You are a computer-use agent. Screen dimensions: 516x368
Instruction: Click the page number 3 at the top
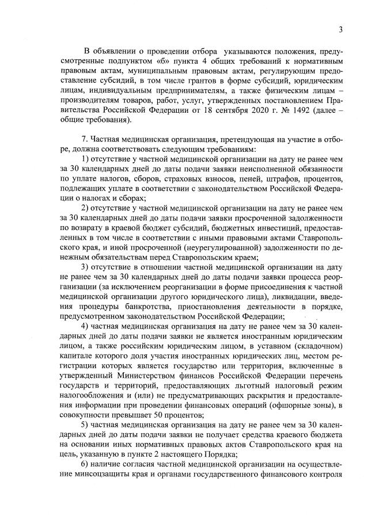pos(341,30)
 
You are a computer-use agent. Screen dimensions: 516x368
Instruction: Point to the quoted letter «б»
pos(164,59)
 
